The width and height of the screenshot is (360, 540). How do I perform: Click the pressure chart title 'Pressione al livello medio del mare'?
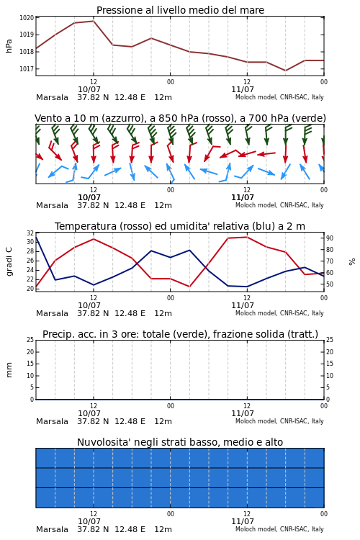coord(180,10)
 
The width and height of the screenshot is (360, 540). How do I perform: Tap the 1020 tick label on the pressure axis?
coord(27,18)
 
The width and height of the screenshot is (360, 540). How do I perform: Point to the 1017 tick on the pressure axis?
coord(27,69)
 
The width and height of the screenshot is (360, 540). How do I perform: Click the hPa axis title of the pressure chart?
coord(9,46)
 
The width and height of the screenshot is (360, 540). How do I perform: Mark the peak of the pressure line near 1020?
coord(94,21)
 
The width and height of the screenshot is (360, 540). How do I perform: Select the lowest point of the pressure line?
coord(285,71)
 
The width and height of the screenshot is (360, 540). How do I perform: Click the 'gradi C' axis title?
coord(9,262)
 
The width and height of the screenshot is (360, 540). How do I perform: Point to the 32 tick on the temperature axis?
coord(30,233)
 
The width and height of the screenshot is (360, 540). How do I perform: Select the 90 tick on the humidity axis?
coord(330,238)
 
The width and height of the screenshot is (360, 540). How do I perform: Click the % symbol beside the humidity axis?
coord(352,262)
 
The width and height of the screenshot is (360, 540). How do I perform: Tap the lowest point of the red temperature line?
coord(36,287)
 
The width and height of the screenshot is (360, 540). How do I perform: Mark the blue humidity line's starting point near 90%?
coord(36,238)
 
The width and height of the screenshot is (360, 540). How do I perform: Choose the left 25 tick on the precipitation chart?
coord(30,340)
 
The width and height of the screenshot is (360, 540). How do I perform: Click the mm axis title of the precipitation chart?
coord(9,370)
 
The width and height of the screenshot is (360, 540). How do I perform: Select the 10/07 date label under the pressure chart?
coord(89,89)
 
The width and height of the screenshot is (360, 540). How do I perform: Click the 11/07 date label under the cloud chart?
coord(243,521)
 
